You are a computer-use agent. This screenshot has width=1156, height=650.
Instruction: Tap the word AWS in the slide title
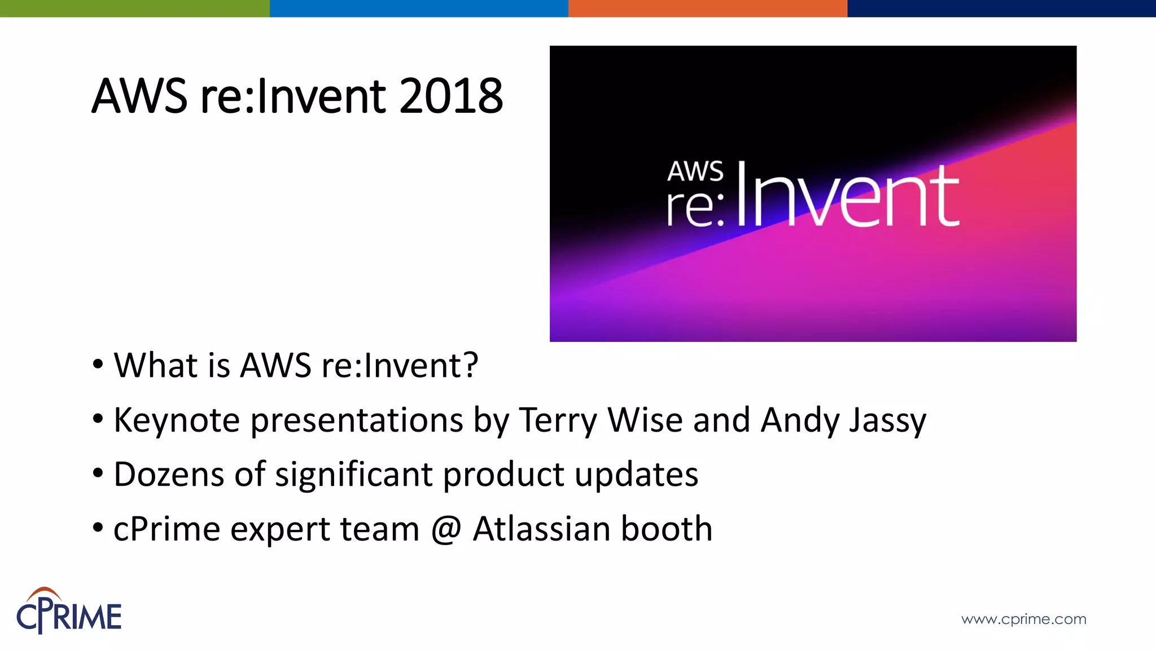coord(139,96)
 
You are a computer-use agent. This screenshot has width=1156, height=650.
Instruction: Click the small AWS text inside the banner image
coord(695,171)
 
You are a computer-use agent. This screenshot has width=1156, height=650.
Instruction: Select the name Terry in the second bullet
coord(557,420)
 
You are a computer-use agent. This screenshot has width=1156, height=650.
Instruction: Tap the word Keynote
coord(177,420)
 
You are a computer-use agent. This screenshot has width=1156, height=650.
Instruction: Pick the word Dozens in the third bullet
coord(169,475)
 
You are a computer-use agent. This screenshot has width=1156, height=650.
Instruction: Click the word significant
coord(353,475)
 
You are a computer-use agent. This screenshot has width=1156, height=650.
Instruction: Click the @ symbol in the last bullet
coord(446,529)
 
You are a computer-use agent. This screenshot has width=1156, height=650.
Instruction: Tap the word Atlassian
coord(541,529)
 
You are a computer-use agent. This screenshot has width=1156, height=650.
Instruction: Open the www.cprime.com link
coord(1023,619)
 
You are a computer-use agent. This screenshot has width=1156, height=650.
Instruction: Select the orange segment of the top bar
coord(707,8)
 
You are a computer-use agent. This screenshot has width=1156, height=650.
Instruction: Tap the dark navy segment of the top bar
coord(1001,8)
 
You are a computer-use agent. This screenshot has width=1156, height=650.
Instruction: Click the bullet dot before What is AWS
coord(98,364)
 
